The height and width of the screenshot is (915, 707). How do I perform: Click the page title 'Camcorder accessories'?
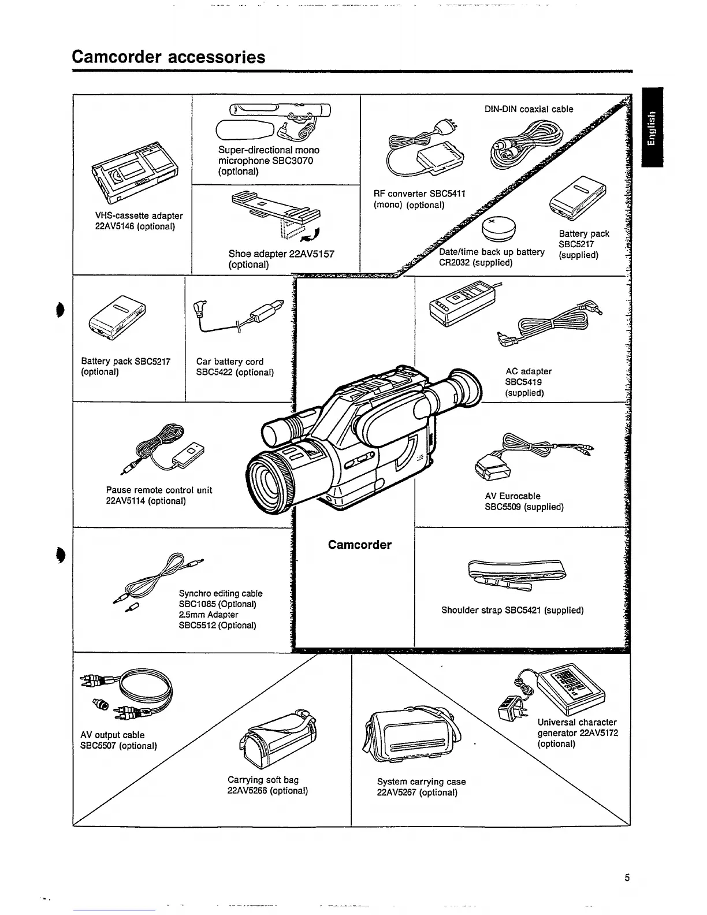[168, 57]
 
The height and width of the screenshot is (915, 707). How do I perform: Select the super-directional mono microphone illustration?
[271, 121]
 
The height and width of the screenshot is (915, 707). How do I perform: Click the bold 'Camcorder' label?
[359, 545]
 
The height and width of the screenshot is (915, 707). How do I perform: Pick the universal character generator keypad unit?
[570, 687]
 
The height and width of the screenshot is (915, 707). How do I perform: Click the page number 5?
[627, 878]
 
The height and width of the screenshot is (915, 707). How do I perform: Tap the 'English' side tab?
[652, 127]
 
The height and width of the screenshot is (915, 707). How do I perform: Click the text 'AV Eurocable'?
[512, 496]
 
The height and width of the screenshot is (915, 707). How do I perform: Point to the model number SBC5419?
[523, 382]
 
